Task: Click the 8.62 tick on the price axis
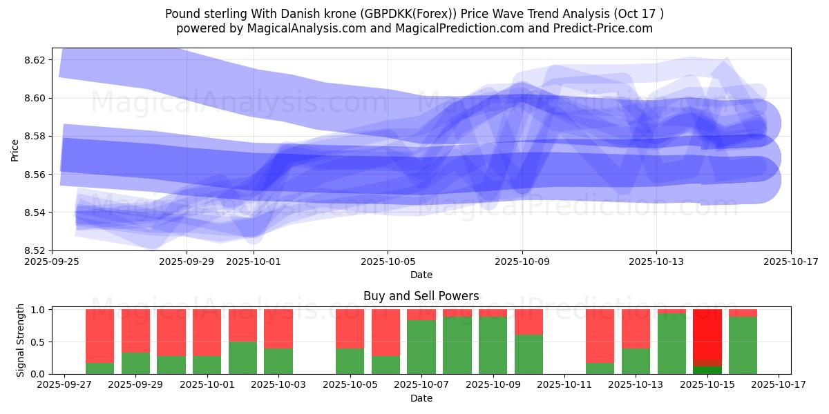click(35, 60)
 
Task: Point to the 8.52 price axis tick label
click(35, 250)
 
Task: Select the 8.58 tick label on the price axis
click(35, 136)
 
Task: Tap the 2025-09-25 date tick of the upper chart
click(53, 262)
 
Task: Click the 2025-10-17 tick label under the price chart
click(790, 262)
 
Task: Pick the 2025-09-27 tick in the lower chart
click(64, 385)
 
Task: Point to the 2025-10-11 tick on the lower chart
click(564, 385)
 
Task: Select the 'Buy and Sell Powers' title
click(421, 296)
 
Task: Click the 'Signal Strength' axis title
click(21, 341)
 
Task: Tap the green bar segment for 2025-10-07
click(421, 347)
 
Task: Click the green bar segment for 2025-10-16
click(743, 345)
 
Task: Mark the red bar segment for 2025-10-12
click(600, 336)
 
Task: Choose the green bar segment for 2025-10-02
click(242, 357)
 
